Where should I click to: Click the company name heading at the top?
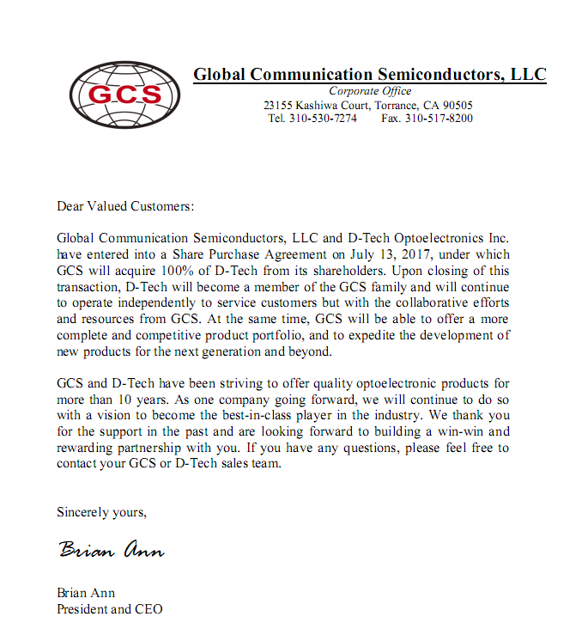(x=369, y=75)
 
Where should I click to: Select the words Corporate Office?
(x=370, y=91)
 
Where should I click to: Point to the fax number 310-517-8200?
(x=439, y=119)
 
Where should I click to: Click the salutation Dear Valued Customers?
(x=125, y=206)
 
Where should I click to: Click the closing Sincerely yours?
(x=101, y=512)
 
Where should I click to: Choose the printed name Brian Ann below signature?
(x=86, y=593)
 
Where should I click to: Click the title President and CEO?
(x=109, y=609)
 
